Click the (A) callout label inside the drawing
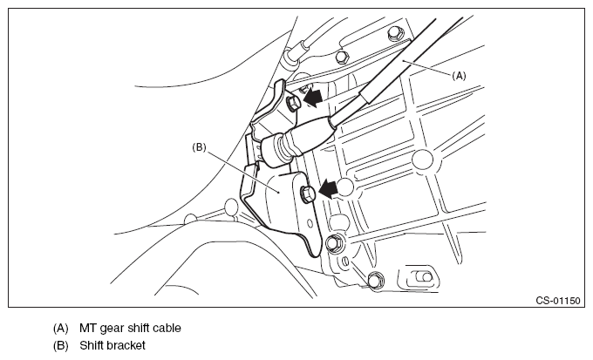point(459,76)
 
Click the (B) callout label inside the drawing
point(199,148)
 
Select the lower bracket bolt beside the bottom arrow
point(309,192)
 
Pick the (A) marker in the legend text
point(60,329)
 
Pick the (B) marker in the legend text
point(60,346)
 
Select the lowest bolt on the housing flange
point(375,280)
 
